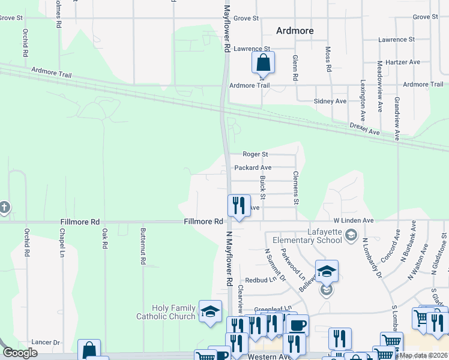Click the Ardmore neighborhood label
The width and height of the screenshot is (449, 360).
(295, 31)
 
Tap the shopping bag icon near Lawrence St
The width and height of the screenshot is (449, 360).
(263, 62)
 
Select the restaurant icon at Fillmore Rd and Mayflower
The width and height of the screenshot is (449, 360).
(239, 206)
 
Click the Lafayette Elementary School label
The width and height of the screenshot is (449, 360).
(307, 236)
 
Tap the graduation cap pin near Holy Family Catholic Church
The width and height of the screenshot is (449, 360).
(210, 311)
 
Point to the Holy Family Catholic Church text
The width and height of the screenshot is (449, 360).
(166, 312)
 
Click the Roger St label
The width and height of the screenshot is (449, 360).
(255, 154)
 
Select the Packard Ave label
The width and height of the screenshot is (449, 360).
(253, 167)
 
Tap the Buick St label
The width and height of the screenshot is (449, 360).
(263, 188)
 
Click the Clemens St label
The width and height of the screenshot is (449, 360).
(295, 187)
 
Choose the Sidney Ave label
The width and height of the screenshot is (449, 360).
(332, 101)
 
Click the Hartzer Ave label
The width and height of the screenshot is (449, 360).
(403, 62)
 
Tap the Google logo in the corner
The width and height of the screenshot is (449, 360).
(20, 353)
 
